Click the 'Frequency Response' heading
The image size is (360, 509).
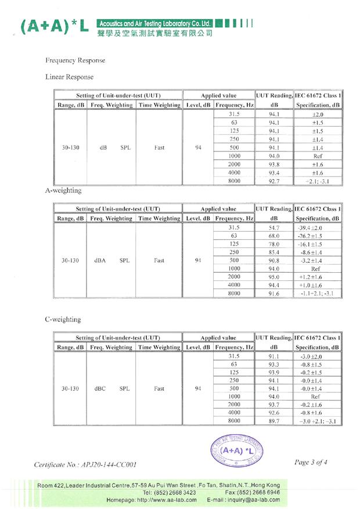point(75,60)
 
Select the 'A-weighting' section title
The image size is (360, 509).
point(63,190)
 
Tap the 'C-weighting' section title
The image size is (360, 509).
point(63,319)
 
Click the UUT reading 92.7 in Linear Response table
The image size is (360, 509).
point(274,181)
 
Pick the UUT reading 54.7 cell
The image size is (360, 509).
point(274,228)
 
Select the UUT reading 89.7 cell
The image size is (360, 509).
point(274,421)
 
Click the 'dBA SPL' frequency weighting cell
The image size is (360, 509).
point(111,261)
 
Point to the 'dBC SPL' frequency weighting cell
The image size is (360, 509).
point(111,389)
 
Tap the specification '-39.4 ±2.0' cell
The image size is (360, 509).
point(316,228)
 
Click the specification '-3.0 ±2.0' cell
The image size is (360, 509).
point(316,356)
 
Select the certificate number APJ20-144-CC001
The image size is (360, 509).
point(87,464)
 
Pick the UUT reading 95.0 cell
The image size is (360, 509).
point(274,277)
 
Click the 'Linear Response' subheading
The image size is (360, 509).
point(69,77)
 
